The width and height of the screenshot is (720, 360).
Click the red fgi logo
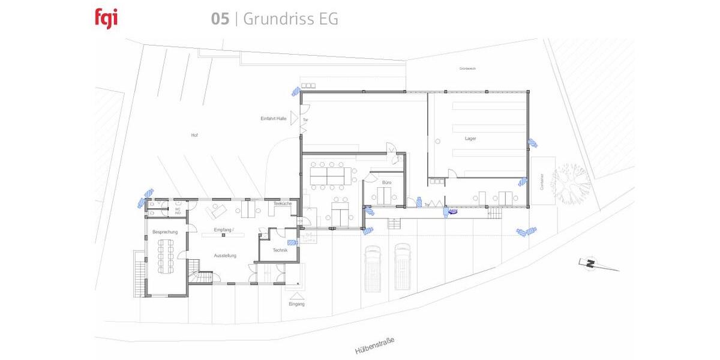(x=106, y=18)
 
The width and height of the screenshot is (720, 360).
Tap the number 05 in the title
(x=220, y=19)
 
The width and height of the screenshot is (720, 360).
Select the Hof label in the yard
(x=194, y=136)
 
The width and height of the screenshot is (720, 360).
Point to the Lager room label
(x=471, y=139)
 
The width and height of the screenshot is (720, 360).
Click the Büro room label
(x=386, y=182)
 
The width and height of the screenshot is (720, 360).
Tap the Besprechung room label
(x=164, y=232)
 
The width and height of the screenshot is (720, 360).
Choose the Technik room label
(x=280, y=250)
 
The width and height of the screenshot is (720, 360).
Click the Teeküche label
(x=282, y=204)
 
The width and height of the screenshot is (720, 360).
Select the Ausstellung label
(x=225, y=256)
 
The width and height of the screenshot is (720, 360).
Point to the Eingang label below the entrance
(x=296, y=304)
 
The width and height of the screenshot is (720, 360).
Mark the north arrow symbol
(x=592, y=263)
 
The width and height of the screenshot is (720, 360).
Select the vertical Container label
(x=542, y=182)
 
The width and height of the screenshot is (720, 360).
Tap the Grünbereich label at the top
(x=467, y=69)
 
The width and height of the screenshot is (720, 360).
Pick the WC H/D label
(x=178, y=211)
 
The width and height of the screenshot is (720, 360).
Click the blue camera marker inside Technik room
(x=292, y=243)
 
